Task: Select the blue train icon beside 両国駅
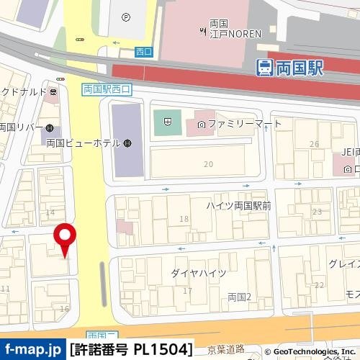264,68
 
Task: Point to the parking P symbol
127,17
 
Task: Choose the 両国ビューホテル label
82,143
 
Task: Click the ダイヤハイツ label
199,273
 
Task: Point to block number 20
209,164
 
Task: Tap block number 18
184,219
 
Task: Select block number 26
314,144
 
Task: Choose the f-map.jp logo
32,349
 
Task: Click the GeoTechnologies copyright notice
311,351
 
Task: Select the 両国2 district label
239,297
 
